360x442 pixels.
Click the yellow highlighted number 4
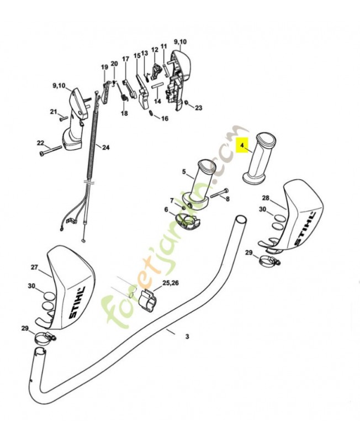coord(242,145)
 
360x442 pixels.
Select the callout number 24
coord(105,147)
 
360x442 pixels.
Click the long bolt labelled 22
coord(51,150)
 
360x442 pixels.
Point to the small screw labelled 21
coord(62,119)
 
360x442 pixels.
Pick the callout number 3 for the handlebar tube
coord(187,336)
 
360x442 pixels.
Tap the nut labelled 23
coord(186,103)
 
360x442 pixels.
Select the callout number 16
coord(165,118)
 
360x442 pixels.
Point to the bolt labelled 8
coord(219,193)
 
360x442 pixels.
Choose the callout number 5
coord(184,171)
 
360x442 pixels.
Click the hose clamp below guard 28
coord(269,259)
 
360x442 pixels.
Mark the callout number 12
coord(155,50)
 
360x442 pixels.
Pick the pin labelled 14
coord(157,85)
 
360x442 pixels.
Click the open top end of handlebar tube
coord(241,219)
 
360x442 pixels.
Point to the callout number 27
coord(34,267)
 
